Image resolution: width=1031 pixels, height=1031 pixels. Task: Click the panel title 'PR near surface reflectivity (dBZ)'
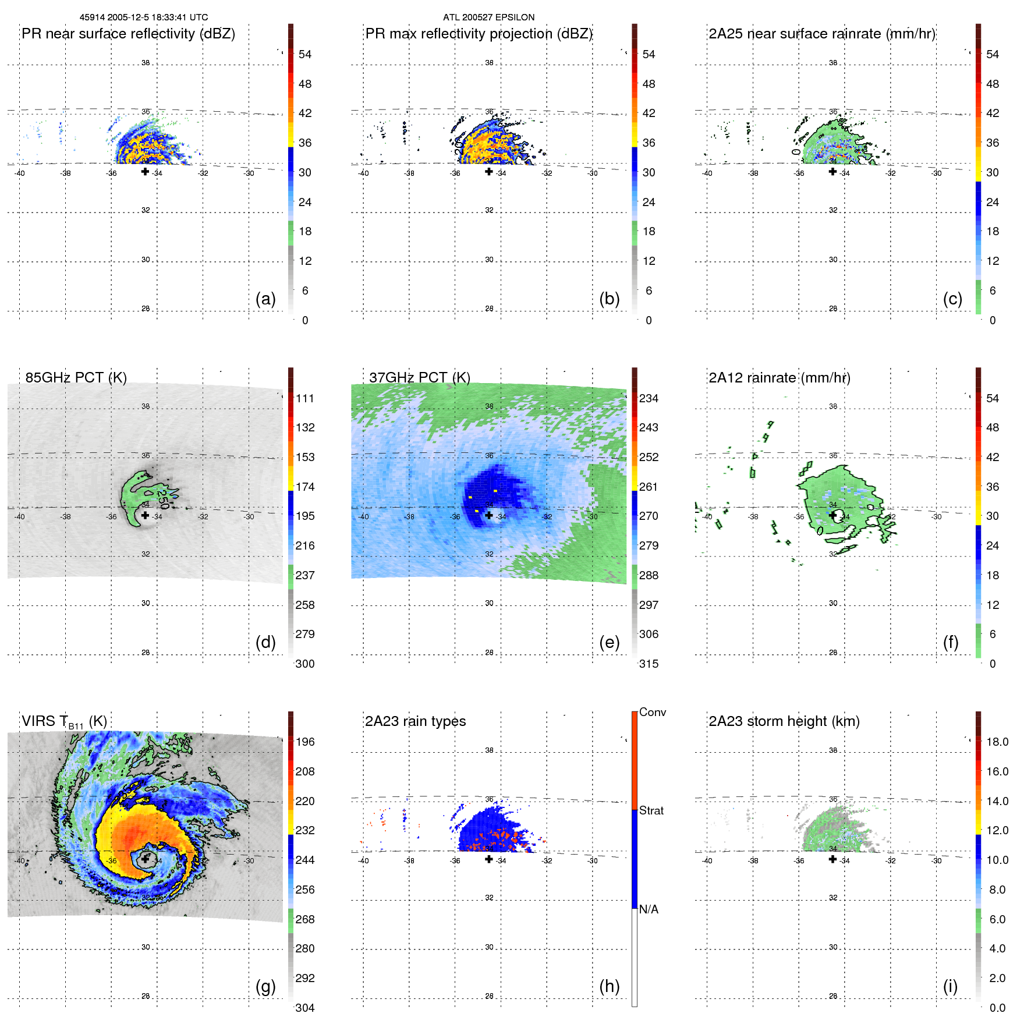tap(128, 34)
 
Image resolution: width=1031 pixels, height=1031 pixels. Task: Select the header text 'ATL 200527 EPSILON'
tap(488, 17)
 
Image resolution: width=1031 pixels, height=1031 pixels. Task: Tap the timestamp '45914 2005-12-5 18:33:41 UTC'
tap(144, 17)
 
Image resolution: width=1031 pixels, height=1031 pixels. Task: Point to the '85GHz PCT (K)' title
tap(76, 378)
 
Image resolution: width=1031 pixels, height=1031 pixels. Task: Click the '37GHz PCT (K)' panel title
tap(419, 378)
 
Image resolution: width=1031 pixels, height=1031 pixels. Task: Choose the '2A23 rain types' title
tap(415, 721)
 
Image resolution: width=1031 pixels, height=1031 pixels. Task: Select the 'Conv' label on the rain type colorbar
tap(652, 713)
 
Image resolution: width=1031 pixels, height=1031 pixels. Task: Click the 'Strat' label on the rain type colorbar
tap(651, 811)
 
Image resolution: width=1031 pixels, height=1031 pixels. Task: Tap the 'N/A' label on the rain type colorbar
tap(649, 909)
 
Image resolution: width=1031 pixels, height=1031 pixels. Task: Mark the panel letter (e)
tap(609, 642)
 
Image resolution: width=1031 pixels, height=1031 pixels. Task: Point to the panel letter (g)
tap(265, 986)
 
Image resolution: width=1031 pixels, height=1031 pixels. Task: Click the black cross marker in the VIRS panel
tap(146, 859)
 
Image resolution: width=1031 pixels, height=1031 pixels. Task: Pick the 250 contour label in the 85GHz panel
tap(162, 499)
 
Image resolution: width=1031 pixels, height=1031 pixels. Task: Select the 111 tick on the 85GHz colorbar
tap(304, 399)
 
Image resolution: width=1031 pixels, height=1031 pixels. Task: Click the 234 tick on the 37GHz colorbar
tap(649, 399)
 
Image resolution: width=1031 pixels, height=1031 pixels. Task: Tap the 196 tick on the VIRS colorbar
tap(304, 742)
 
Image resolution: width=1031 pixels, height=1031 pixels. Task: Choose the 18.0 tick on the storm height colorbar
tap(997, 742)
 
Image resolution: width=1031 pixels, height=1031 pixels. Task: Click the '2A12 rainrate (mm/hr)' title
tap(779, 378)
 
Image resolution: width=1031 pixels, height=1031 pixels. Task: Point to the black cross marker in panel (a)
tap(145, 171)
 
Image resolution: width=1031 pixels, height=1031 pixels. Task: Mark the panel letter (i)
tap(950, 986)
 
